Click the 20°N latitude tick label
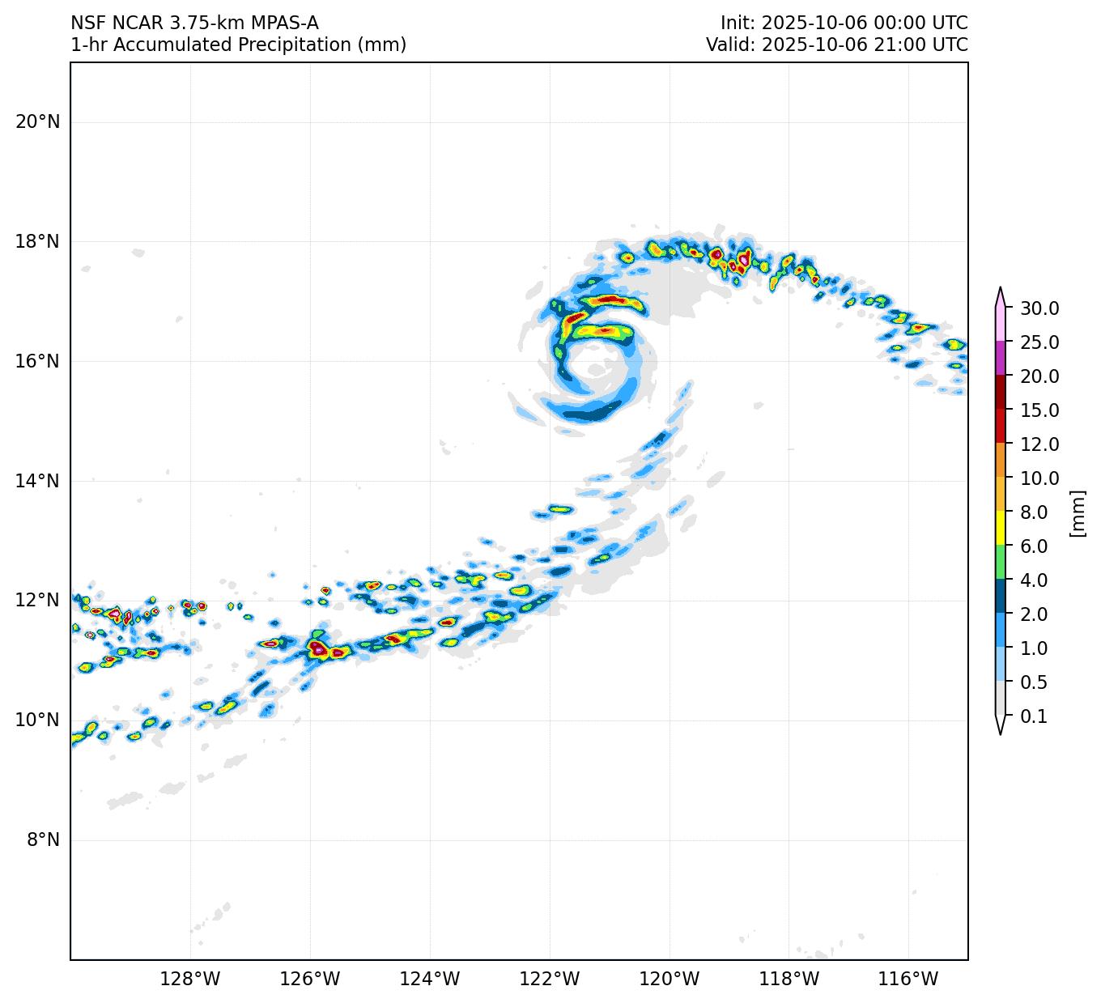[x=37, y=121]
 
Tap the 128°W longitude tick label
[x=190, y=979]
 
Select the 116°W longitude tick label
[x=908, y=979]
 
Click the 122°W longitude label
[x=550, y=979]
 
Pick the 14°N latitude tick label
[x=37, y=481]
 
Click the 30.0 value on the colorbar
[x=1039, y=308]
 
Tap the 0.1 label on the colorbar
[x=1034, y=716]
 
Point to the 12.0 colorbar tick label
[x=1039, y=444]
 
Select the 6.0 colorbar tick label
[x=1034, y=546]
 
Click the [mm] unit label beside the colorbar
[x=1077, y=512]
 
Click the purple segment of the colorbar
[x=1001, y=358]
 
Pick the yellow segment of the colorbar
[x=1001, y=528]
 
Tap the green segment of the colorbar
[x=1001, y=562]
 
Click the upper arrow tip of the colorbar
[x=1001, y=289]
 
